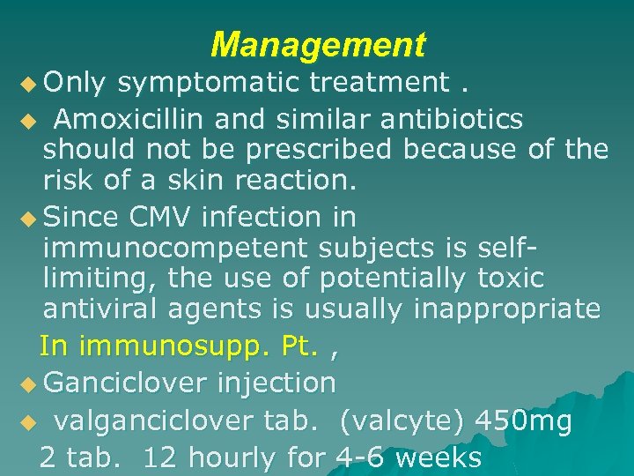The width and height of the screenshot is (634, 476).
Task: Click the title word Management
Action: point(318,43)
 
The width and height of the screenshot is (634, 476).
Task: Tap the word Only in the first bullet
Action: point(75,82)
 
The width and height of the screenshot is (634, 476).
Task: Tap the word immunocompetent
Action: point(176,249)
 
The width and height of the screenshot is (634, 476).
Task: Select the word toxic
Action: point(511,279)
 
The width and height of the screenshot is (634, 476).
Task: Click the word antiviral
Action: point(100,309)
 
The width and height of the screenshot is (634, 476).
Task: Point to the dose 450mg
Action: point(523,422)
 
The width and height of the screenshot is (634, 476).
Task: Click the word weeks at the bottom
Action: point(439,457)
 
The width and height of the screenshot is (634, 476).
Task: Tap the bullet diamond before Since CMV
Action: point(31,216)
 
